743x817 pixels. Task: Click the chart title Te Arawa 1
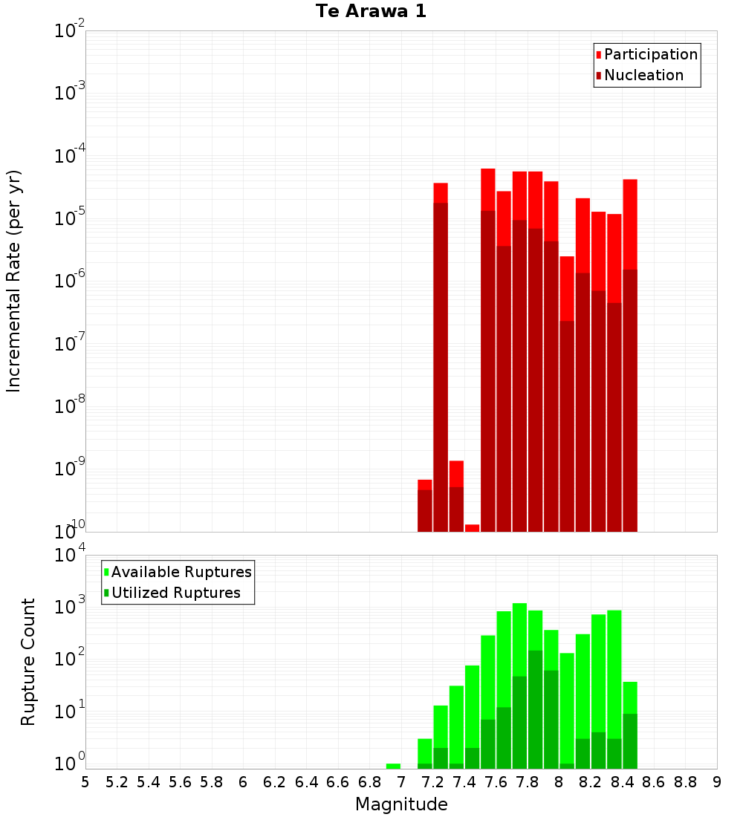pyautogui.click(x=371, y=12)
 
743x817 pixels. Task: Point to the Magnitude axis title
pyautogui.click(x=401, y=804)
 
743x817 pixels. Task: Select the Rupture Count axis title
pyautogui.click(x=28, y=662)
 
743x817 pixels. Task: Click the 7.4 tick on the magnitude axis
pyautogui.click(x=464, y=782)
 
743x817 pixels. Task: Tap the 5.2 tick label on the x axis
pyautogui.click(x=117, y=782)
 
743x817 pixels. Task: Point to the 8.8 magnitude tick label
pyautogui.click(x=685, y=782)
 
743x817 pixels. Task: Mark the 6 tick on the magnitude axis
pyautogui.click(x=243, y=782)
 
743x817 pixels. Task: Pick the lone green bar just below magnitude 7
pyautogui.click(x=393, y=766)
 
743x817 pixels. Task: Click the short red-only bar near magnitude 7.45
pyautogui.click(x=472, y=528)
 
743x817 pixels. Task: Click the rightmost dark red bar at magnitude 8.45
pyautogui.click(x=630, y=401)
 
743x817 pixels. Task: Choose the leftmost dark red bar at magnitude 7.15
pyautogui.click(x=425, y=511)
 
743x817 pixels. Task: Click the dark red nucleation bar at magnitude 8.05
pyautogui.click(x=567, y=427)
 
